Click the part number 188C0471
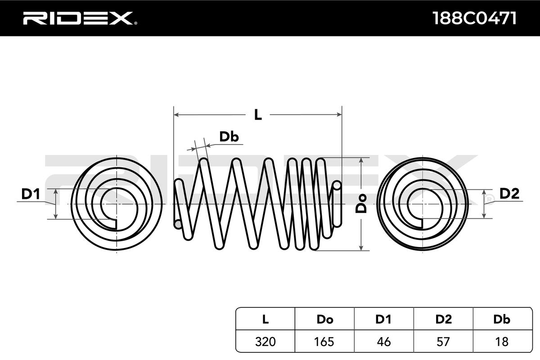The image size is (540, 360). click(473, 18)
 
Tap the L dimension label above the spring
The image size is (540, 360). click(257, 115)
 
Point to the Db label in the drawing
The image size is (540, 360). click(229, 137)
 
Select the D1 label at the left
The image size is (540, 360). click(31, 194)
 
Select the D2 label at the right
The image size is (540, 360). click(509, 194)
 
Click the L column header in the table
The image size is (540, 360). click(265, 319)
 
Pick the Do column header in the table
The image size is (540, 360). click(324, 319)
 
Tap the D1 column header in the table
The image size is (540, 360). click(384, 319)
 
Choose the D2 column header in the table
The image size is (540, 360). click(443, 319)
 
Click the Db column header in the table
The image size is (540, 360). click(502, 319)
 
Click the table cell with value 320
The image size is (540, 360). click(265, 342)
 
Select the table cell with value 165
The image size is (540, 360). click(324, 342)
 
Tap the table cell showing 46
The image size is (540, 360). click(384, 342)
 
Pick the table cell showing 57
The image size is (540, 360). click(443, 342)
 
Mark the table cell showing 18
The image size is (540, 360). click(502, 342)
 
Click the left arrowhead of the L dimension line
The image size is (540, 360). click(177, 115)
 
